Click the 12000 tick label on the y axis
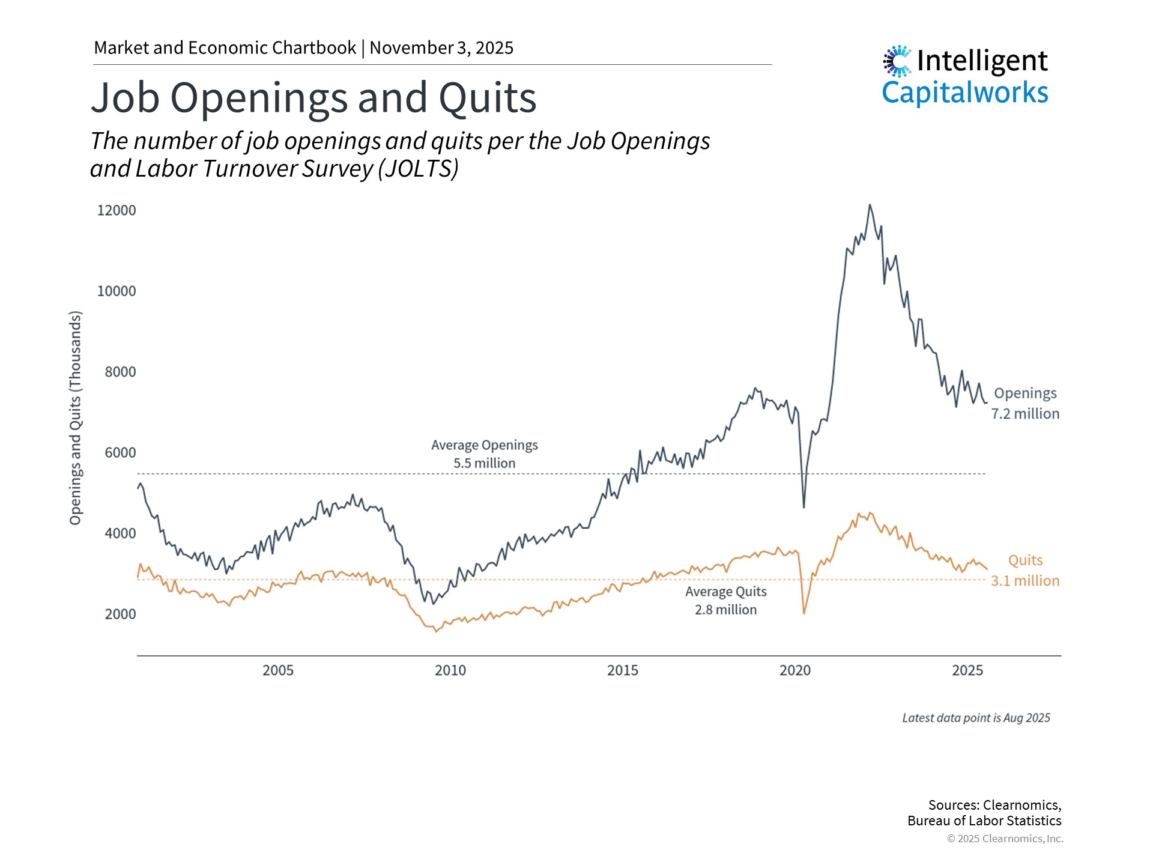click(x=117, y=210)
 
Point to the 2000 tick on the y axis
click(x=120, y=614)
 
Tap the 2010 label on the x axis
click(x=450, y=670)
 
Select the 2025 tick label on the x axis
click(x=967, y=670)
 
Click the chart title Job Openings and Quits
click(x=313, y=98)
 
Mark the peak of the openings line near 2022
click(x=870, y=205)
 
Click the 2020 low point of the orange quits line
click(x=804, y=613)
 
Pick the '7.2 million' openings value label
click(x=1025, y=414)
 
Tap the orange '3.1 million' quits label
click(x=1025, y=581)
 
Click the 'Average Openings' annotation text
click(x=484, y=445)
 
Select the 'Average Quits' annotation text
click(x=726, y=592)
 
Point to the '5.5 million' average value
click(x=484, y=463)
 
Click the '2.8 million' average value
click(x=726, y=610)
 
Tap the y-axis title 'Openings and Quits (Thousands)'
click(x=75, y=418)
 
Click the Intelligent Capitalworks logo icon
click(x=897, y=61)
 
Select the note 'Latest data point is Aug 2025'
click(x=976, y=718)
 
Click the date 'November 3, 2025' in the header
click(x=441, y=48)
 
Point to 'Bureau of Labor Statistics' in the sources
click(x=984, y=821)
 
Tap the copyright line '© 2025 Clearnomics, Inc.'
click(x=1005, y=839)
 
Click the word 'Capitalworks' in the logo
click(x=964, y=93)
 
